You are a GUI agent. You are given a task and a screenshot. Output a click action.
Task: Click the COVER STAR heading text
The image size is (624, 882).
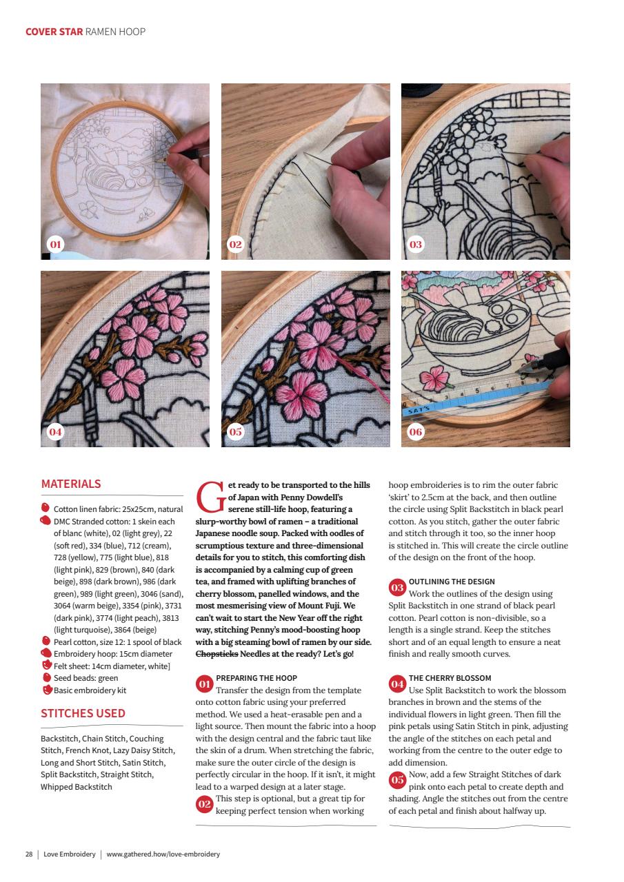(x=54, y=32)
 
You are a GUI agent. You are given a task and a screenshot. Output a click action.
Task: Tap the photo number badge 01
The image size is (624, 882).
(x=55, y=245)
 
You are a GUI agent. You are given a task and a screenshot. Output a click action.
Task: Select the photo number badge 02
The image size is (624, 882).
(x=236, y=245)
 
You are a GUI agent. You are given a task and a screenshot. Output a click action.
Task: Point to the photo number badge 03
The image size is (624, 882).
(x=416, y=245)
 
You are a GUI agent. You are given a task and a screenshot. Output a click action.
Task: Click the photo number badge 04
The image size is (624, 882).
(x=55, y=432)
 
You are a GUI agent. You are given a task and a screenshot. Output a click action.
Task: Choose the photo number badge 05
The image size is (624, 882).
(x=236, y=432)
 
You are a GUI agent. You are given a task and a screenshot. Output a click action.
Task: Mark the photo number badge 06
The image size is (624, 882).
(x=416, y=432)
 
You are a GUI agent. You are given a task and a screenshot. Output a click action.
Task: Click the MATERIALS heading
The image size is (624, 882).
(x=71, y=484)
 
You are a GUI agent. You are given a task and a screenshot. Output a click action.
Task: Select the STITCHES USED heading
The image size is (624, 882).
(x=83, y=713)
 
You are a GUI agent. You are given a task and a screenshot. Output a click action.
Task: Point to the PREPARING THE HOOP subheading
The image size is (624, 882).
(x=256, y=678)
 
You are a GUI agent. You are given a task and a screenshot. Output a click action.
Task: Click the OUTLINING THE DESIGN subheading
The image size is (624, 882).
(x=452, y=582)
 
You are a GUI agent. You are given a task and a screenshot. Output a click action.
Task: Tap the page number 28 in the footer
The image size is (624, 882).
(x=29, y=854)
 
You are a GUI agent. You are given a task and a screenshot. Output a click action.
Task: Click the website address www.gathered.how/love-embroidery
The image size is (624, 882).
(x=163, y=854)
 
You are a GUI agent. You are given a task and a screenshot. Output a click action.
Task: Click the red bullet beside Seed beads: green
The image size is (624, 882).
(x=47, y=677)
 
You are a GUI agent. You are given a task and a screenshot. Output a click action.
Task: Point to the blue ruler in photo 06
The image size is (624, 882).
(x=476, y=400)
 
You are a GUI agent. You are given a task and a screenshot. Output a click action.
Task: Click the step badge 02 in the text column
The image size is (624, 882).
(x=205, y=804)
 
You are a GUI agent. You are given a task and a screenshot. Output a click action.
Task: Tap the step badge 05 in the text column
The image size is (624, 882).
(x=397, y=780)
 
